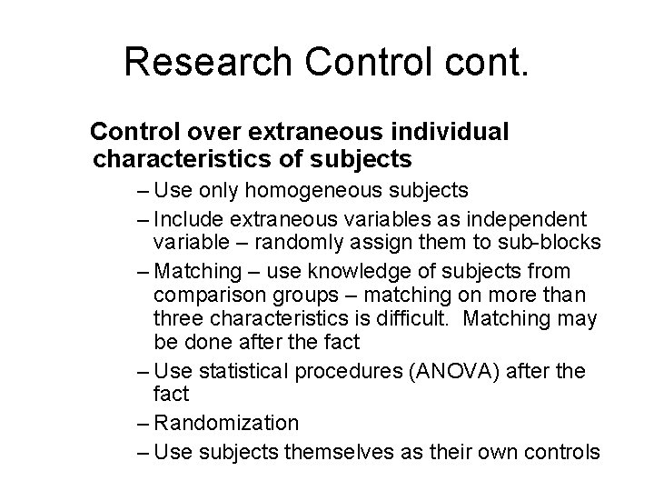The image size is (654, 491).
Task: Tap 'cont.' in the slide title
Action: (486, 61)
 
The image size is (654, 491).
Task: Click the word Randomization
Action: (226, 423)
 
